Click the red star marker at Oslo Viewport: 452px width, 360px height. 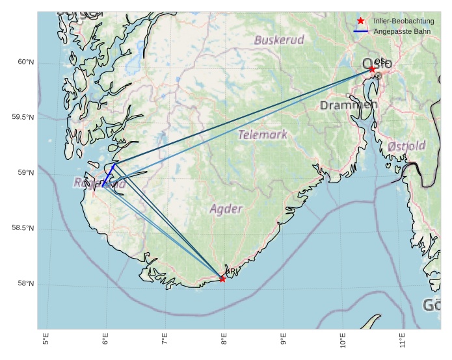click(x=372, y=69)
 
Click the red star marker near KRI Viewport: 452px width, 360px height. click(x=222, y=279)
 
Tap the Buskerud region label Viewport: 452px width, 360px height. click(x=279, y=40)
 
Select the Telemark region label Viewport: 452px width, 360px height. click(x=263, y=135)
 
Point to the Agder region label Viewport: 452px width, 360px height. click(x=226, y=209)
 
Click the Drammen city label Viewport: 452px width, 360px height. click(x=349, y=105)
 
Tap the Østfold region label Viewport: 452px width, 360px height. click(x=406, y=146)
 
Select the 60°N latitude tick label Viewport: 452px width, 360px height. click(x=25, y=62)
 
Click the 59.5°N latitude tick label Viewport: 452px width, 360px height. click(x=23, y=118)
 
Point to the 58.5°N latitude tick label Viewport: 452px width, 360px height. click(x=23, y=229)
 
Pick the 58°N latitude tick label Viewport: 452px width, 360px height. click(x=25, y=284)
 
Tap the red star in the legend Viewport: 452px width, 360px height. click(x=361, y=21)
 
